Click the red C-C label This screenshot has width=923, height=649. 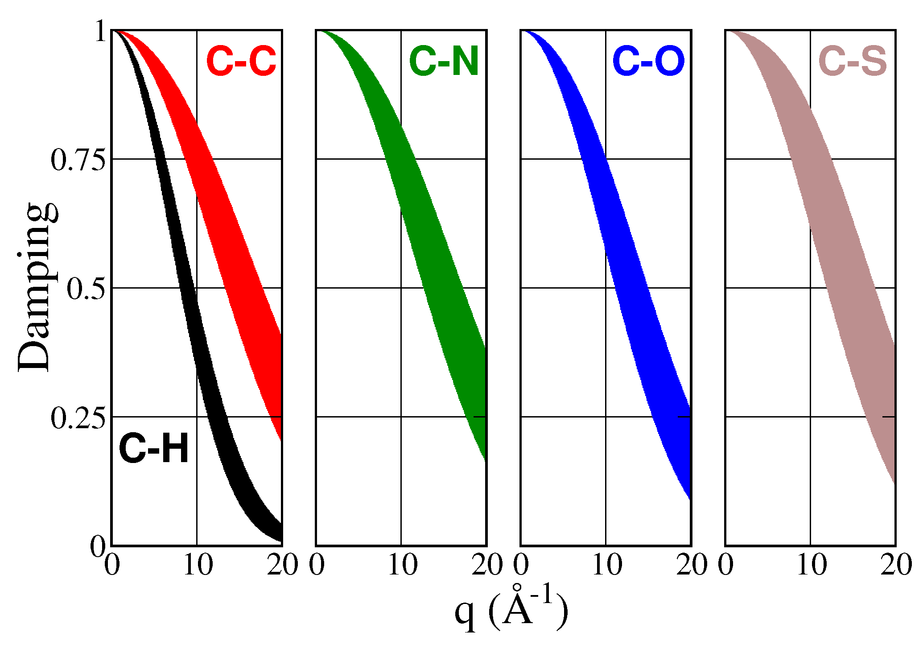coord(241,61)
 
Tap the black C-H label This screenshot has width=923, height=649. coord(154,449)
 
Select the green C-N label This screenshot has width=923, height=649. coord(444,61)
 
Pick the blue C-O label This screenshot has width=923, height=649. coord(649,61)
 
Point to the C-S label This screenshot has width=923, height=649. coord(853,61)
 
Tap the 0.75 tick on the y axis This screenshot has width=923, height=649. coord(78,160)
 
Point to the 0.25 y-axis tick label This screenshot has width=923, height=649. coord(78,418)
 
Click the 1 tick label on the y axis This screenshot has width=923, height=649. coord(101,32)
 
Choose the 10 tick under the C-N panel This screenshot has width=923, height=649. coord(403,565)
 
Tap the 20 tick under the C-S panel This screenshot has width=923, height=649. coord(896,565)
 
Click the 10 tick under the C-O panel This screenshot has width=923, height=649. coord(607,565)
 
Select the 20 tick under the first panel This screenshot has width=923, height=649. coord(282,565)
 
